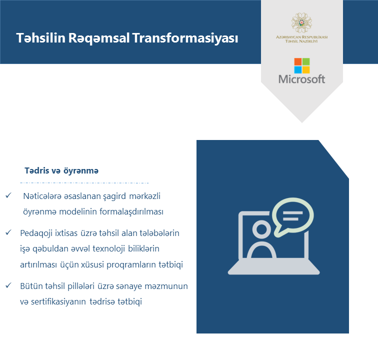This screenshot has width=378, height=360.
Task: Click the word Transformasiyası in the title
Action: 185,38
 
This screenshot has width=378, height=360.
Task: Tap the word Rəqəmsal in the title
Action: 99,38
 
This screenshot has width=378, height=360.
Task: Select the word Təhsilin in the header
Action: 40,38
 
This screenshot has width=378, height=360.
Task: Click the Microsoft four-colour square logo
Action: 302,65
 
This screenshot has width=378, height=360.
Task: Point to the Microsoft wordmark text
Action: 302,79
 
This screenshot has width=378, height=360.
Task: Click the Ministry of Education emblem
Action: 301,22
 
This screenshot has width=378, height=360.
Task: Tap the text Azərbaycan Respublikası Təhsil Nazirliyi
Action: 301,39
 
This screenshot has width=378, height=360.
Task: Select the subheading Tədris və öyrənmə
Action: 61,170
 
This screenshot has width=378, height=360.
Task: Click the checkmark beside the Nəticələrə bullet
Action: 8,195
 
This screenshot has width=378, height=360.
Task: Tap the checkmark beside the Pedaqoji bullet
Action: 8,232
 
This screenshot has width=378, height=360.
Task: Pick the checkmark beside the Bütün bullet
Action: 8,285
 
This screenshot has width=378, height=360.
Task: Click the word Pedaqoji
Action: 36,233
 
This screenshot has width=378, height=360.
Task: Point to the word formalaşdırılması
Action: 131,211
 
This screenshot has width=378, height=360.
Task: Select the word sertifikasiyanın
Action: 58,301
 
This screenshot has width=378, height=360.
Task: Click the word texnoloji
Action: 108,249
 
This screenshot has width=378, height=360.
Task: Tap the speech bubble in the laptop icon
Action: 292,216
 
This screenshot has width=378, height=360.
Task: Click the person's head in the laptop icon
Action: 261,229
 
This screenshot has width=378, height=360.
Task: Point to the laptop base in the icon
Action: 273,267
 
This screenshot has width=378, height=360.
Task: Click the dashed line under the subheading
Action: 84,183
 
